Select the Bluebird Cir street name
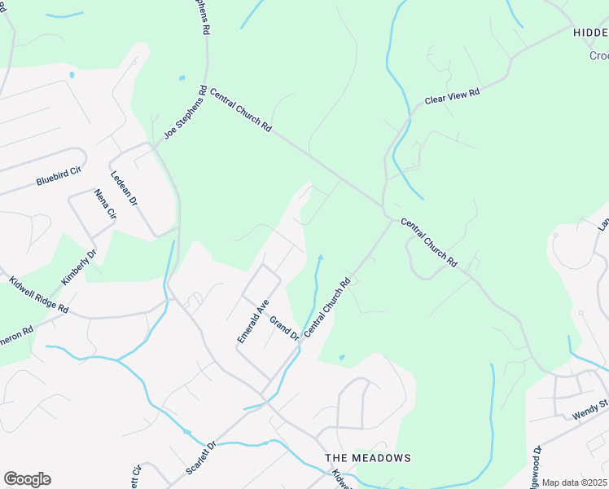(59, 177)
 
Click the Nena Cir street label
(106, 205)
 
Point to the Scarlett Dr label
(199, 458)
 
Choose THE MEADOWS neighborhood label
(368, 458)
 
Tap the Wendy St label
(590, 409)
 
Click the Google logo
(27, 479)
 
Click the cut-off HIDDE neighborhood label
(590, 33)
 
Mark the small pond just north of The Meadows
(341, 357)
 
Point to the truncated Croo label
(598, 55)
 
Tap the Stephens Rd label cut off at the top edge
(204, 16)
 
